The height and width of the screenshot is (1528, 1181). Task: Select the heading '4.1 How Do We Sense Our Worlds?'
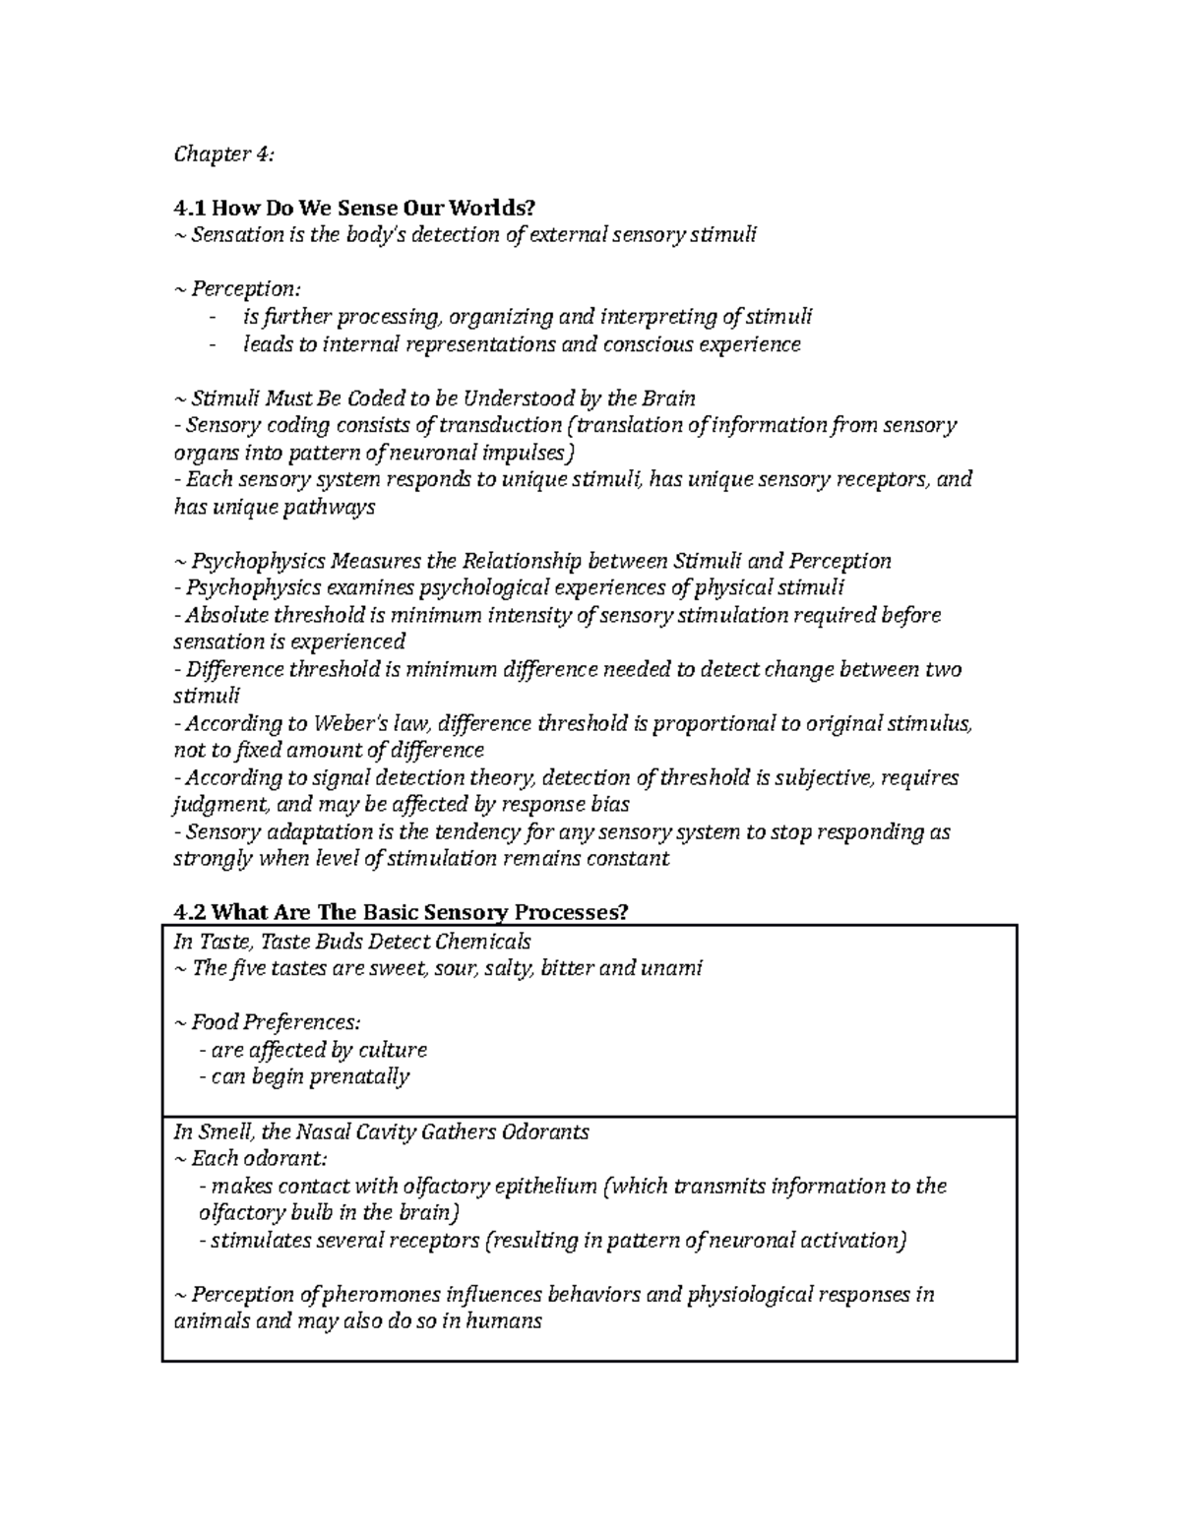[x=354, y=208]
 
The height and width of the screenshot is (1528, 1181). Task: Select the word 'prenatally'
[x=359, y=1076]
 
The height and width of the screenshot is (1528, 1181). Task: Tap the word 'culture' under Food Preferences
[x=393, y=1050]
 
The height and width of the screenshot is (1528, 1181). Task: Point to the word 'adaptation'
[x=319, y=831]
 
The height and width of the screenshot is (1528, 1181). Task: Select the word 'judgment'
[x=216, y=805]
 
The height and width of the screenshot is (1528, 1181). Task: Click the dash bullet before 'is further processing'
[x=214, y=317]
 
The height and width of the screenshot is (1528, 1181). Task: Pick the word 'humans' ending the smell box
[x=500, y=1320]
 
